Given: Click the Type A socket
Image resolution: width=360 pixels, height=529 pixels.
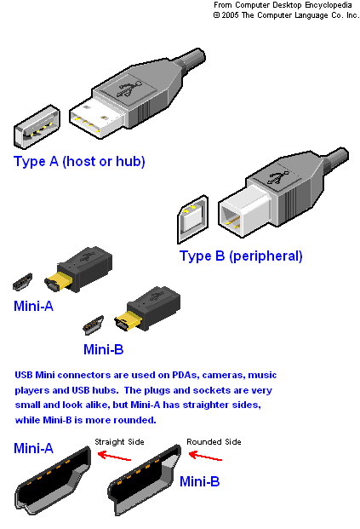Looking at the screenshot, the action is click(x=37, y=127).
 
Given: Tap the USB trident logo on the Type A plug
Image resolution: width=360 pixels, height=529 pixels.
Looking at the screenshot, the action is click(x=129, y=89).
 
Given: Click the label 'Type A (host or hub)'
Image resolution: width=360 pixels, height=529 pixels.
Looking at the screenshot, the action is click(x=79, y=162).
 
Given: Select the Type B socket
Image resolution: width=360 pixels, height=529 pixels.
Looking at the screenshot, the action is click(x=193, y=219).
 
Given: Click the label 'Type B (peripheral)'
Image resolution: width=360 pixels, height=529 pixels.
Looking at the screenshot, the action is click(x=241, y=256).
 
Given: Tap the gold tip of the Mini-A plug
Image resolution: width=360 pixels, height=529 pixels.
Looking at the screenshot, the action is click(x=58, y=282).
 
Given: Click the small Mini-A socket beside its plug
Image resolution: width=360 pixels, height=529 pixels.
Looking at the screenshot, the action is click(x=23, y=282).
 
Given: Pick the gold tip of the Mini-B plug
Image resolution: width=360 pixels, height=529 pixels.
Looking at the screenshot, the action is click(x=128, y=321).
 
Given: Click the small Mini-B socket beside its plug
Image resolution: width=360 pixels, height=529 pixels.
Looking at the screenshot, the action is click(x=94, y=325).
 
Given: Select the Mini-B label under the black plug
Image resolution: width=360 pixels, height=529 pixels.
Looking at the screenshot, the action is click(x=104, y=349).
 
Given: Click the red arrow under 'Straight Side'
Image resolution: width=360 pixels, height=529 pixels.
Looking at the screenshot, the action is click(x=114, y=456).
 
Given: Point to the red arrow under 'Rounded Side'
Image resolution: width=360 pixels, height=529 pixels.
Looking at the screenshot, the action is click(x=205, y=456).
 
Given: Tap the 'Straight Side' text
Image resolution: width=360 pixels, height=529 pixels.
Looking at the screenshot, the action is click(x=120, y=442).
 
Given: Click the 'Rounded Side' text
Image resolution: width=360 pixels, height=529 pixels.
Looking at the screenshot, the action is click(x=214, y=442).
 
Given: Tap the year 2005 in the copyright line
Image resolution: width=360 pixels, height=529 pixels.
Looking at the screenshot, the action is click(x=231, y=15).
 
